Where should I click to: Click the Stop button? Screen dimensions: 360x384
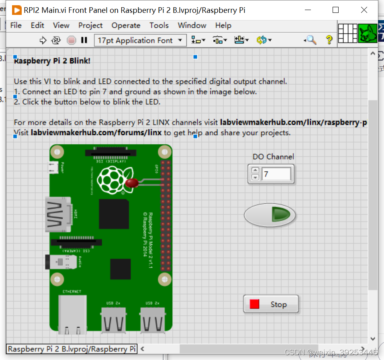coord(271,304)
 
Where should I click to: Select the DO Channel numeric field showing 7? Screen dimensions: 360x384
coord(276,174)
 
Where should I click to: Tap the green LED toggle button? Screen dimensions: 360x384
coord(270,215)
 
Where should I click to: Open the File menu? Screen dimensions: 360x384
coord(16,25)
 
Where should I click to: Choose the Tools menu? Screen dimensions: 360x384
coord(159,25)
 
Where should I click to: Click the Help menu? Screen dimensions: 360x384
coord(223,25)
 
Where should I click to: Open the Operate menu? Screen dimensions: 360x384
coord(126,25)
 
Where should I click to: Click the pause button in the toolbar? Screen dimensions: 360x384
coord(84,40)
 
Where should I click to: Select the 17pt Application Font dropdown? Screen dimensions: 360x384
coord(140,40)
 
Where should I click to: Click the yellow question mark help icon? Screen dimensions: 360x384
coord(329,40)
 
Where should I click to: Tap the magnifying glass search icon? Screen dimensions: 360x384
coord(310,40)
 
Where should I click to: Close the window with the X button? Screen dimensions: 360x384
coord(364,10)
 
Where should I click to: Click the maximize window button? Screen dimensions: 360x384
coord(335,10)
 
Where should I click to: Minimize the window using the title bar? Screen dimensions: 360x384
coord(308,10)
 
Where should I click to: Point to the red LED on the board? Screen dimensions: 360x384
coord(132,183)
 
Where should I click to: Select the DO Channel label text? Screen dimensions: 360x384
coord(273,157)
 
